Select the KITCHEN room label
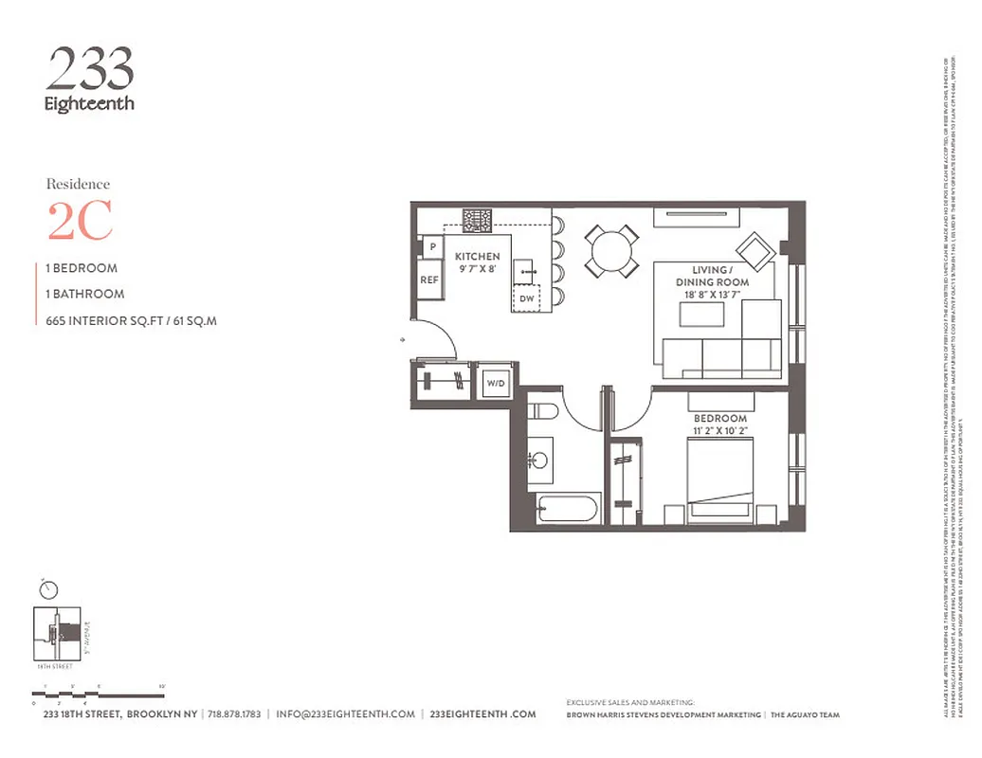477,257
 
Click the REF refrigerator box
430,280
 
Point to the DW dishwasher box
526,298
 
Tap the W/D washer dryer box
494,384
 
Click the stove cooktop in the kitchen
477,221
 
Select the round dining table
610,250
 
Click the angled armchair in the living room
759,251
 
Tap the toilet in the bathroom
544,411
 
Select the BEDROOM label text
719,418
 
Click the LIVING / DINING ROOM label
712,276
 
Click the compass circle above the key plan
48,589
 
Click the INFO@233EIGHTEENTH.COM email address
345,714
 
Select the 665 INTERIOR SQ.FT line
132,320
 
